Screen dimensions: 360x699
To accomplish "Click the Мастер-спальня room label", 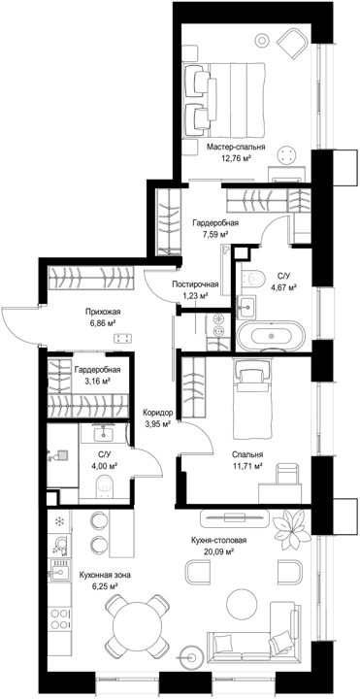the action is tap(236, 147).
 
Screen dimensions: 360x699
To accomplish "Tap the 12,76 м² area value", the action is tap(237, 157).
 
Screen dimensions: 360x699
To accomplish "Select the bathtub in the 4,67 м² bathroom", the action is tap(272, 335).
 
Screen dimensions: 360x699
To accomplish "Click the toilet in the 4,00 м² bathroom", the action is tap(105, 486).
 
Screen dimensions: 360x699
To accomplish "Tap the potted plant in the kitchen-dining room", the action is tap(292, 529).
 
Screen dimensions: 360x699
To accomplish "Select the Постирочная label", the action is tap(196, 283).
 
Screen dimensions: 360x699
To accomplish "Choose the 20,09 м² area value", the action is tap(218, 550).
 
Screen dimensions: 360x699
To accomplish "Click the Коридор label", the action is tap(158, 413).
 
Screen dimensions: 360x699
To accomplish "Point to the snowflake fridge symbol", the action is tap(58, 520).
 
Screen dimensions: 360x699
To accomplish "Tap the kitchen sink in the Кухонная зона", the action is tap(59, 570).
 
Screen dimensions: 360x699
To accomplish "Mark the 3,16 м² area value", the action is tap(98, 381).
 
